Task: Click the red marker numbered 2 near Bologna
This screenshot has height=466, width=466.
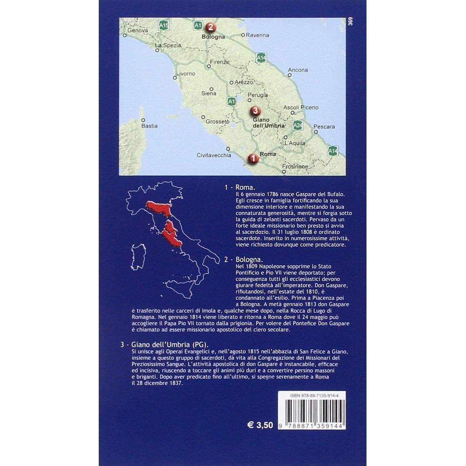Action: (210, 27)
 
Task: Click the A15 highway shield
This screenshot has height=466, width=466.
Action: (164, 25)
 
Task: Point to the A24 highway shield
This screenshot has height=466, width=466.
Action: (297, 125)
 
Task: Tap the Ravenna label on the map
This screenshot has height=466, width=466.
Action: (257, 35)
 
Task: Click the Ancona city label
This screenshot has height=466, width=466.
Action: (298, 70)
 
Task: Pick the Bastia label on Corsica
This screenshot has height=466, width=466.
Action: (149, 126)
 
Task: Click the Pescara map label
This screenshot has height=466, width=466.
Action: (324, 126)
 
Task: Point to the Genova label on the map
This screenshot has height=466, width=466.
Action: (138, 30)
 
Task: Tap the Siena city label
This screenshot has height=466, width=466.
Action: (209, 93)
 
